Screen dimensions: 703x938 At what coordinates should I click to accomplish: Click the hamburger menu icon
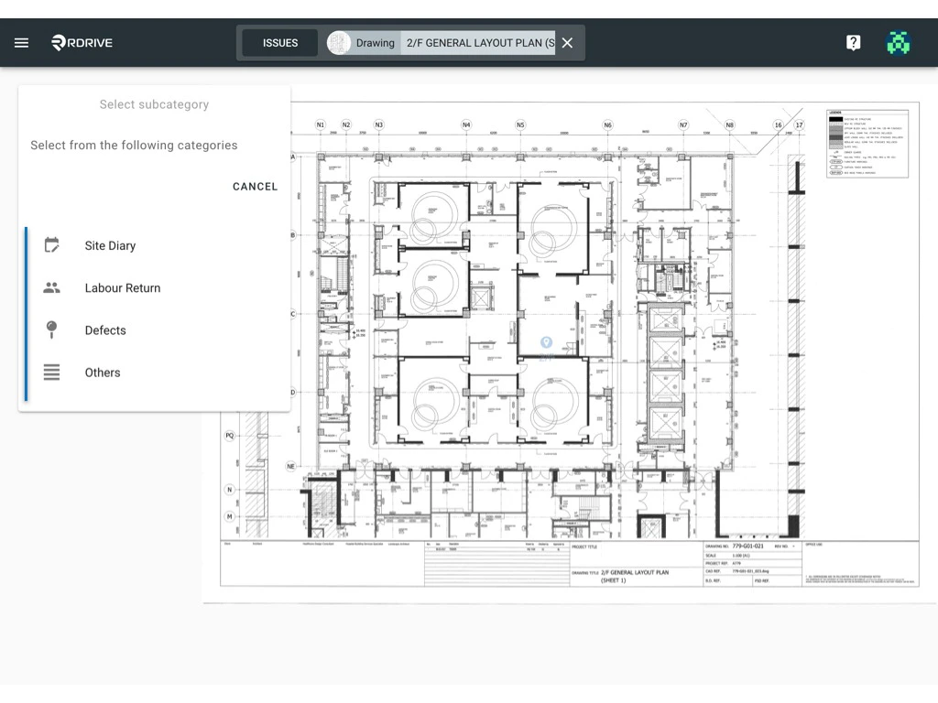tap(22, 43)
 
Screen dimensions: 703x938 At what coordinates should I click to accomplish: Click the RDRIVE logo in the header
tap(82, 43)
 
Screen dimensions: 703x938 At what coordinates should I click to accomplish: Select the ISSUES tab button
tap(280, 43)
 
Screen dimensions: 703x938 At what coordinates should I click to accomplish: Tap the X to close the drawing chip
tap(567, 43)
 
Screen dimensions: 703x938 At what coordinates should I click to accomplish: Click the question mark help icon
tap(853, 43)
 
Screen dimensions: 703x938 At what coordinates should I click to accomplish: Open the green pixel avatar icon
tap(899, 43)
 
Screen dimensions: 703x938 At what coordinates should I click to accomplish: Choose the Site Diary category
tap(110, 245)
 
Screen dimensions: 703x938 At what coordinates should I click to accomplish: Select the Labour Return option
tap(122, 287)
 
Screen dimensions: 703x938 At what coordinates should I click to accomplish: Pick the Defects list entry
tap(105, 330)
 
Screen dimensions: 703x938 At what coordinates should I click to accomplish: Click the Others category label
tap(103, 373)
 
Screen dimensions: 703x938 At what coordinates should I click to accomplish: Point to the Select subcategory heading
tap(154, 104)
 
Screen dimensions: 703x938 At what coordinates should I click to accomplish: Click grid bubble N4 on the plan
tap(466, 124)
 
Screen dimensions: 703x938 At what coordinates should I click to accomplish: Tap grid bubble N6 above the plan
tap(607, 124)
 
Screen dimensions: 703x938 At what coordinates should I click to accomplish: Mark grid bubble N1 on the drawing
tap(321, 124)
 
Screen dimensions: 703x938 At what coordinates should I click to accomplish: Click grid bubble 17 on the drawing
tap(799, 124)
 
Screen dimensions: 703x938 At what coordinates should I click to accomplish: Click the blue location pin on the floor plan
tap(546, 343)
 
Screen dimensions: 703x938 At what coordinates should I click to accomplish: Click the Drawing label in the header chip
tap(375, 43)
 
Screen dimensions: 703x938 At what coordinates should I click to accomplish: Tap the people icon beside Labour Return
tap(52, 287)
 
